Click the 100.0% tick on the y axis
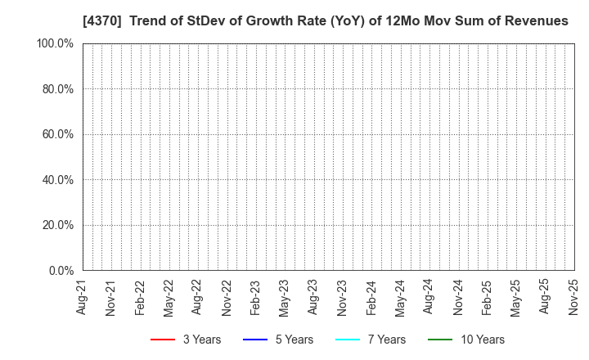54,43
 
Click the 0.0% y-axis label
60,271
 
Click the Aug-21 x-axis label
82,297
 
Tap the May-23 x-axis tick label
284,297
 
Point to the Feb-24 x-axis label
371,297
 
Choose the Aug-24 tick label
429,297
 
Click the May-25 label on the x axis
515,297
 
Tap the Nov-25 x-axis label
573,297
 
